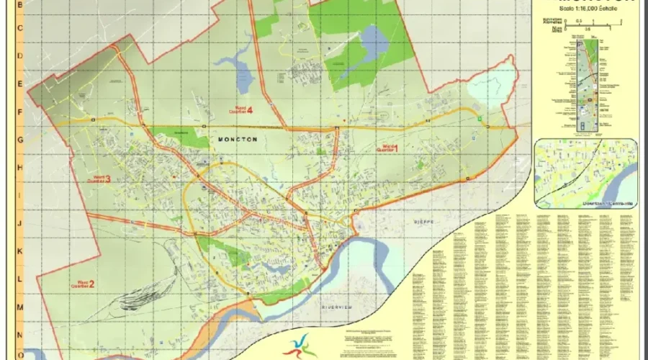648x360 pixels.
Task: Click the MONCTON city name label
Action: (x=236, y=139)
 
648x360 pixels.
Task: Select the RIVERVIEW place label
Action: (x=336, y=307)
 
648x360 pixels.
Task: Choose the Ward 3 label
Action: (x=100, y=179)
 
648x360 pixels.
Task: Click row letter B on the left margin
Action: (x=20, y=4)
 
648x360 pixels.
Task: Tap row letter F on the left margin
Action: (x=20, y=112)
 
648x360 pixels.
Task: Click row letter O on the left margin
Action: (x=20, y=354)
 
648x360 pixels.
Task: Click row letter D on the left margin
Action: (x=20, y=56)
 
